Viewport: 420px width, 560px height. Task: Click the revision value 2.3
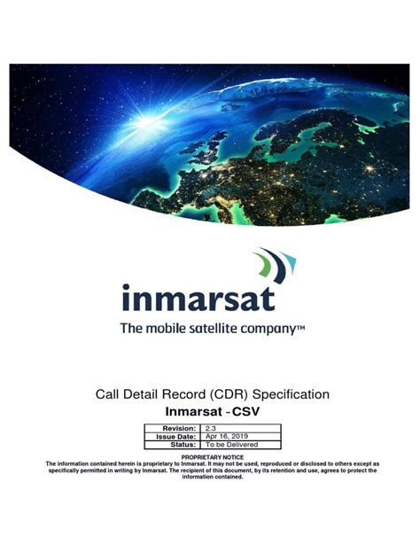pos(211,428)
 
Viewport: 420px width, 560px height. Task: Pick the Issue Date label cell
pos(175,436)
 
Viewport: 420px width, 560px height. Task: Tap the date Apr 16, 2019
pos(229,436)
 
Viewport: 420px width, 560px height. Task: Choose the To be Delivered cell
pos(232,445)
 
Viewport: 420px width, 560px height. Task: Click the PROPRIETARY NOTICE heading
pos(209,457)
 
